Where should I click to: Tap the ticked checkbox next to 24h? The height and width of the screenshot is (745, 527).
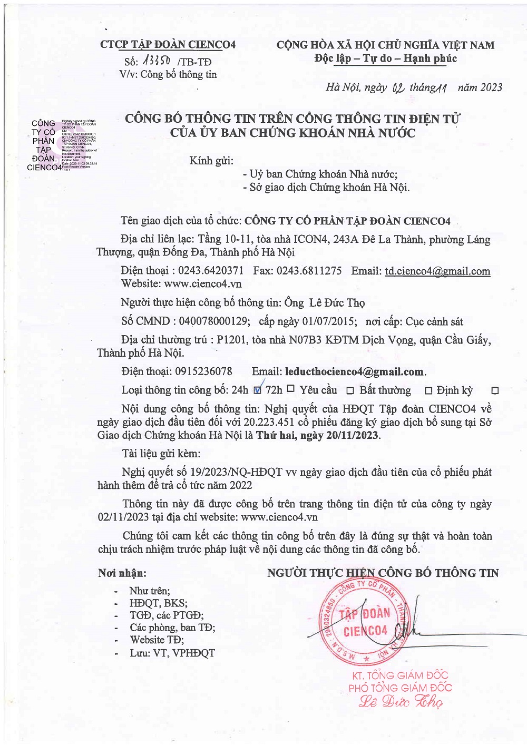click(258, 390)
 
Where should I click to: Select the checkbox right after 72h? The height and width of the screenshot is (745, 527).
click(290, 389)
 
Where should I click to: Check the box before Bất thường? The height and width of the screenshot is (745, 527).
click(350, 391)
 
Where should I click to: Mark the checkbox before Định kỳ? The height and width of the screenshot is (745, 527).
click(428, 391)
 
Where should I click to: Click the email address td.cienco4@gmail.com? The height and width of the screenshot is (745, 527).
click(437, 271)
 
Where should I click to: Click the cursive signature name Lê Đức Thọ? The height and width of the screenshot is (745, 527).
click(401, 702)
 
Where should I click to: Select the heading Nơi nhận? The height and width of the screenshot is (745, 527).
click(122, 573)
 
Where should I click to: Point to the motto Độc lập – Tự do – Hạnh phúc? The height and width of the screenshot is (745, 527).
click(385, 58)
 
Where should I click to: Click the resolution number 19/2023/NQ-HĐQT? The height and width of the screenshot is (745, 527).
click(232, 472)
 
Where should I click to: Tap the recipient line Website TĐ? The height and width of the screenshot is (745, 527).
click(157, 640)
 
